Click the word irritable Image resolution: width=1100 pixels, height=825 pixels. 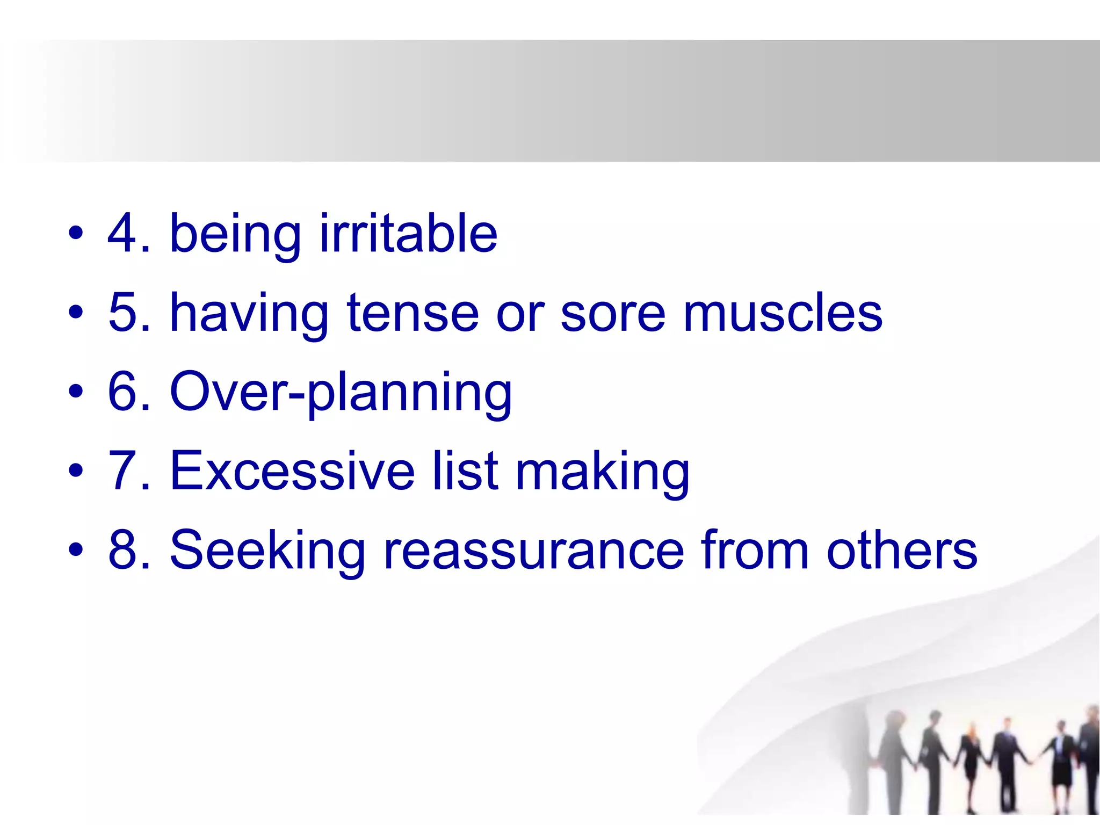click(408, 234)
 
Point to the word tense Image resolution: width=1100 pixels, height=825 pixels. click(412, 313)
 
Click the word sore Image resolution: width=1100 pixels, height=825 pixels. click(612, 313)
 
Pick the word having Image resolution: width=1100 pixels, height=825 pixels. click(249, 313)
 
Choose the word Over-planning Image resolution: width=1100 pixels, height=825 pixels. click(341, 393)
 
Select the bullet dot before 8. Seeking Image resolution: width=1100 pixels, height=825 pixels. click(76, 550)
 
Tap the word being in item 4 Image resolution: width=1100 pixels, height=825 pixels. click(235, 234)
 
